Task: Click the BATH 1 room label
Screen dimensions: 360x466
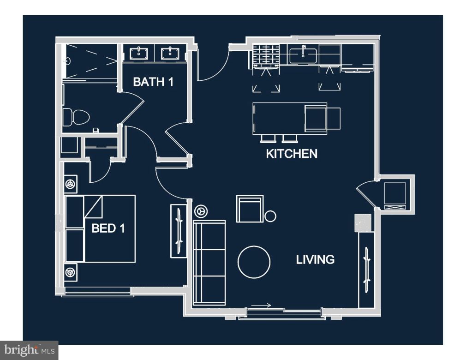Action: (x=153, y=82)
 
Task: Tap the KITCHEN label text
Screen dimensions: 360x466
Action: (x=292, y=154)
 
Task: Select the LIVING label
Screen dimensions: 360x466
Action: (x=315, y=259)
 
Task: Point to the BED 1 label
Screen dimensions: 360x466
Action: (x=108, y=228)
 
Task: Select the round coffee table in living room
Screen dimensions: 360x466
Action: (x=254, y=261)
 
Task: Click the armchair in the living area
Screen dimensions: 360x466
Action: (x=250, y=209)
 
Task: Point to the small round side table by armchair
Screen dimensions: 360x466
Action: (x=270, y=216)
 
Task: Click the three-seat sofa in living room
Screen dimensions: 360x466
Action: (x=209, y=262)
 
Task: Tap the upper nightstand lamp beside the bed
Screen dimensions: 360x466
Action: (x=71, y=184)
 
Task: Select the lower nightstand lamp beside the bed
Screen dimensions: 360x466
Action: (x=71, y=272)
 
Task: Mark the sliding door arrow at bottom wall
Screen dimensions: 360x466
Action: (x=262, y=305)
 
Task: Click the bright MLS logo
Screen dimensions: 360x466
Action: (x=29, y=350)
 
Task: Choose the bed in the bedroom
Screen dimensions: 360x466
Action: (x=100, y=228)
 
